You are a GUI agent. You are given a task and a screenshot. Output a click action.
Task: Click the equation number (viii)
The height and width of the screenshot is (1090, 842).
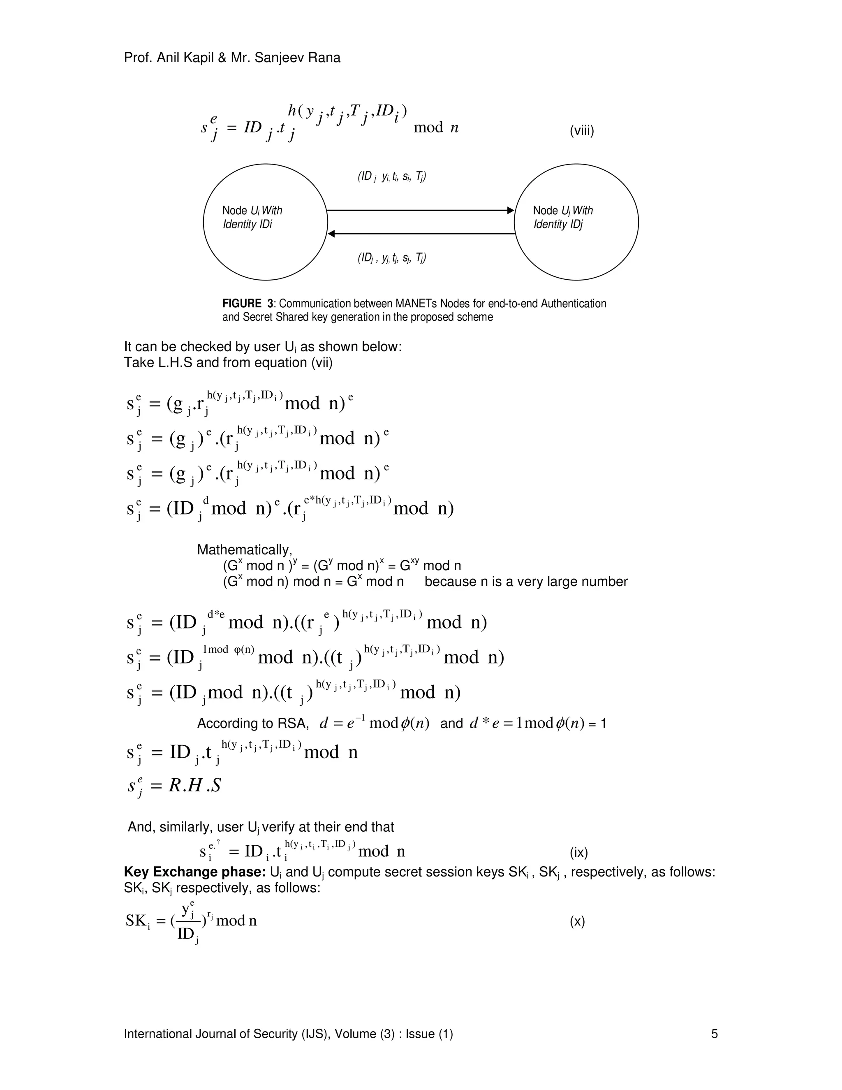coord(582,131)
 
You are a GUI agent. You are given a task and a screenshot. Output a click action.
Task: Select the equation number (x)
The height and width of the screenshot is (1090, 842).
coord(577,921)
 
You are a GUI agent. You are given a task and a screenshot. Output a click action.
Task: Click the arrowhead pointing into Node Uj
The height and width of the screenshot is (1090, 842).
coord(510,211)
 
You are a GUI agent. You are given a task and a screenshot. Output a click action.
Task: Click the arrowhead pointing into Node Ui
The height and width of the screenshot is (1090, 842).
coord(331,234)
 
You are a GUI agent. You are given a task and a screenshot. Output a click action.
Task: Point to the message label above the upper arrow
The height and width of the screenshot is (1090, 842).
coord(391,177)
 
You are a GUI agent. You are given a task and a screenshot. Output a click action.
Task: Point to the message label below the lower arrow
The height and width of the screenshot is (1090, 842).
coord(391,258)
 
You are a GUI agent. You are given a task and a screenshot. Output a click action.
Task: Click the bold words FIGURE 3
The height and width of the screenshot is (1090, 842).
coord(248,304)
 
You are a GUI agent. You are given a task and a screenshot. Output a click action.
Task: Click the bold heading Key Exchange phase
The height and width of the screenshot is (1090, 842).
coord(194,872)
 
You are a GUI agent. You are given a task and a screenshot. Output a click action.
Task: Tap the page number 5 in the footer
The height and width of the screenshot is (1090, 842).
coord(714,1034)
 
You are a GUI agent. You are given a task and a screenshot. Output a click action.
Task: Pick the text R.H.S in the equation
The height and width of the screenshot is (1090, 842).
coord(194,786)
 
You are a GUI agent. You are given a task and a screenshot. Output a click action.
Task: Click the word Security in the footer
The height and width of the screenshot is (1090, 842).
coord(275,1034)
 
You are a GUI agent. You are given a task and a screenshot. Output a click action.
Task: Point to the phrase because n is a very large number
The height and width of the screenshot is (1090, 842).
coord(526,582)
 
